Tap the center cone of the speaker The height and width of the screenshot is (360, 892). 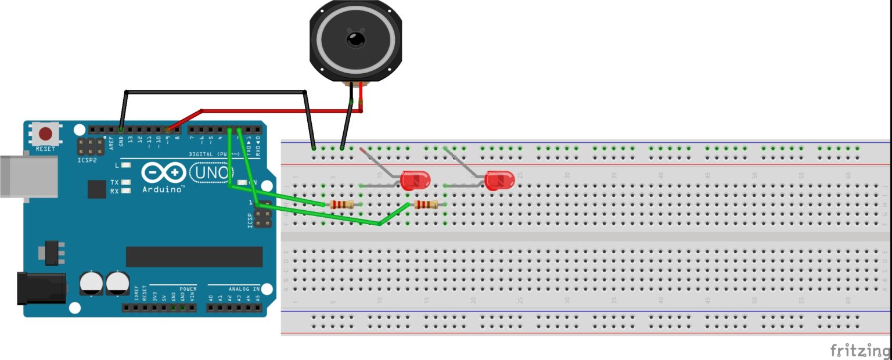click(354, 39)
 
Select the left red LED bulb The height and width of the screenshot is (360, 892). click(415, 181)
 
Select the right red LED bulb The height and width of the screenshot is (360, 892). click(499, 181)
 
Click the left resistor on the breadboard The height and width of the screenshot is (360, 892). click(341, 204)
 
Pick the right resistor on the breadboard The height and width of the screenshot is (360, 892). click(426, 204)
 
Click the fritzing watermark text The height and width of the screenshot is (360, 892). click(859, 350)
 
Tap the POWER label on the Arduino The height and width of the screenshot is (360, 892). click(188, 289)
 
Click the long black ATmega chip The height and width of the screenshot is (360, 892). click(194, 257)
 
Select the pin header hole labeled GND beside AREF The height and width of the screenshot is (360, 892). click(121, 130)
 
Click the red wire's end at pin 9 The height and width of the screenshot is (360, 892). click(168, 130)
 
